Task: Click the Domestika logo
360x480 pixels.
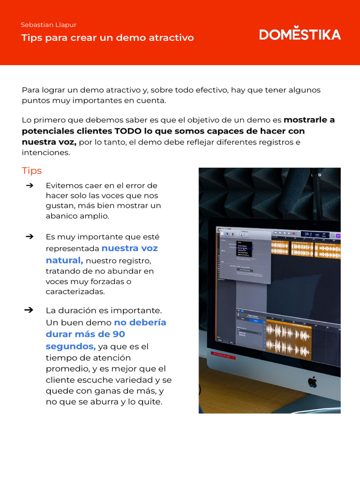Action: pos(300,34)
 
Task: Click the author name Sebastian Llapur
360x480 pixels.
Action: pos(49,25)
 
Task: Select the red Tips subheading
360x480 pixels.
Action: pos(32,171)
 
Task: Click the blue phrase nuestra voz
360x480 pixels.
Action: pos(130,248)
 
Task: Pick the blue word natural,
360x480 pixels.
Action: pos(64,260)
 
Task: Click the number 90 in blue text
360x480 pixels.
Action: pos(119,334)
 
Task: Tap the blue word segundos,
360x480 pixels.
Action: pos(71,346)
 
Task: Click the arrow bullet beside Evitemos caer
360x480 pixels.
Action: pos(29,186)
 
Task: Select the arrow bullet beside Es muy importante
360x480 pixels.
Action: pos(29,237)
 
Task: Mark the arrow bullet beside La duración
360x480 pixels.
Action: pos(29,310)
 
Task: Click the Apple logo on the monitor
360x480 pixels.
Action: pos(312,382)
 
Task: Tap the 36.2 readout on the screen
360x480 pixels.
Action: pos(308,233)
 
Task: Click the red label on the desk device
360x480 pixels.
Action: pos(223,356)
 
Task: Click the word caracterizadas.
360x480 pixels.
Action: pos(75,292)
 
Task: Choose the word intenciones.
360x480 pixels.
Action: pos(46,153)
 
